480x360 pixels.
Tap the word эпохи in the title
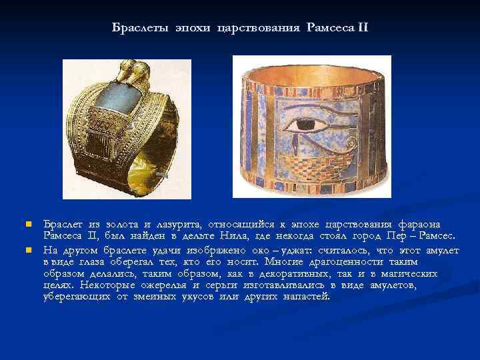(x=190, y=28)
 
